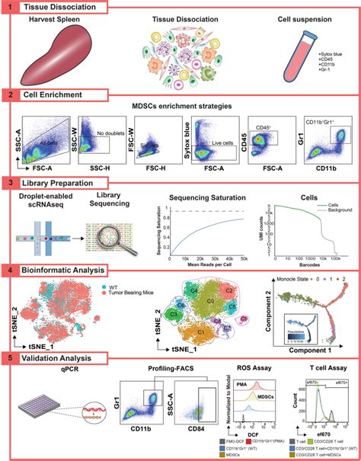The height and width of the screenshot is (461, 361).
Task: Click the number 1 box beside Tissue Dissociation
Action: pos(7,7)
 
